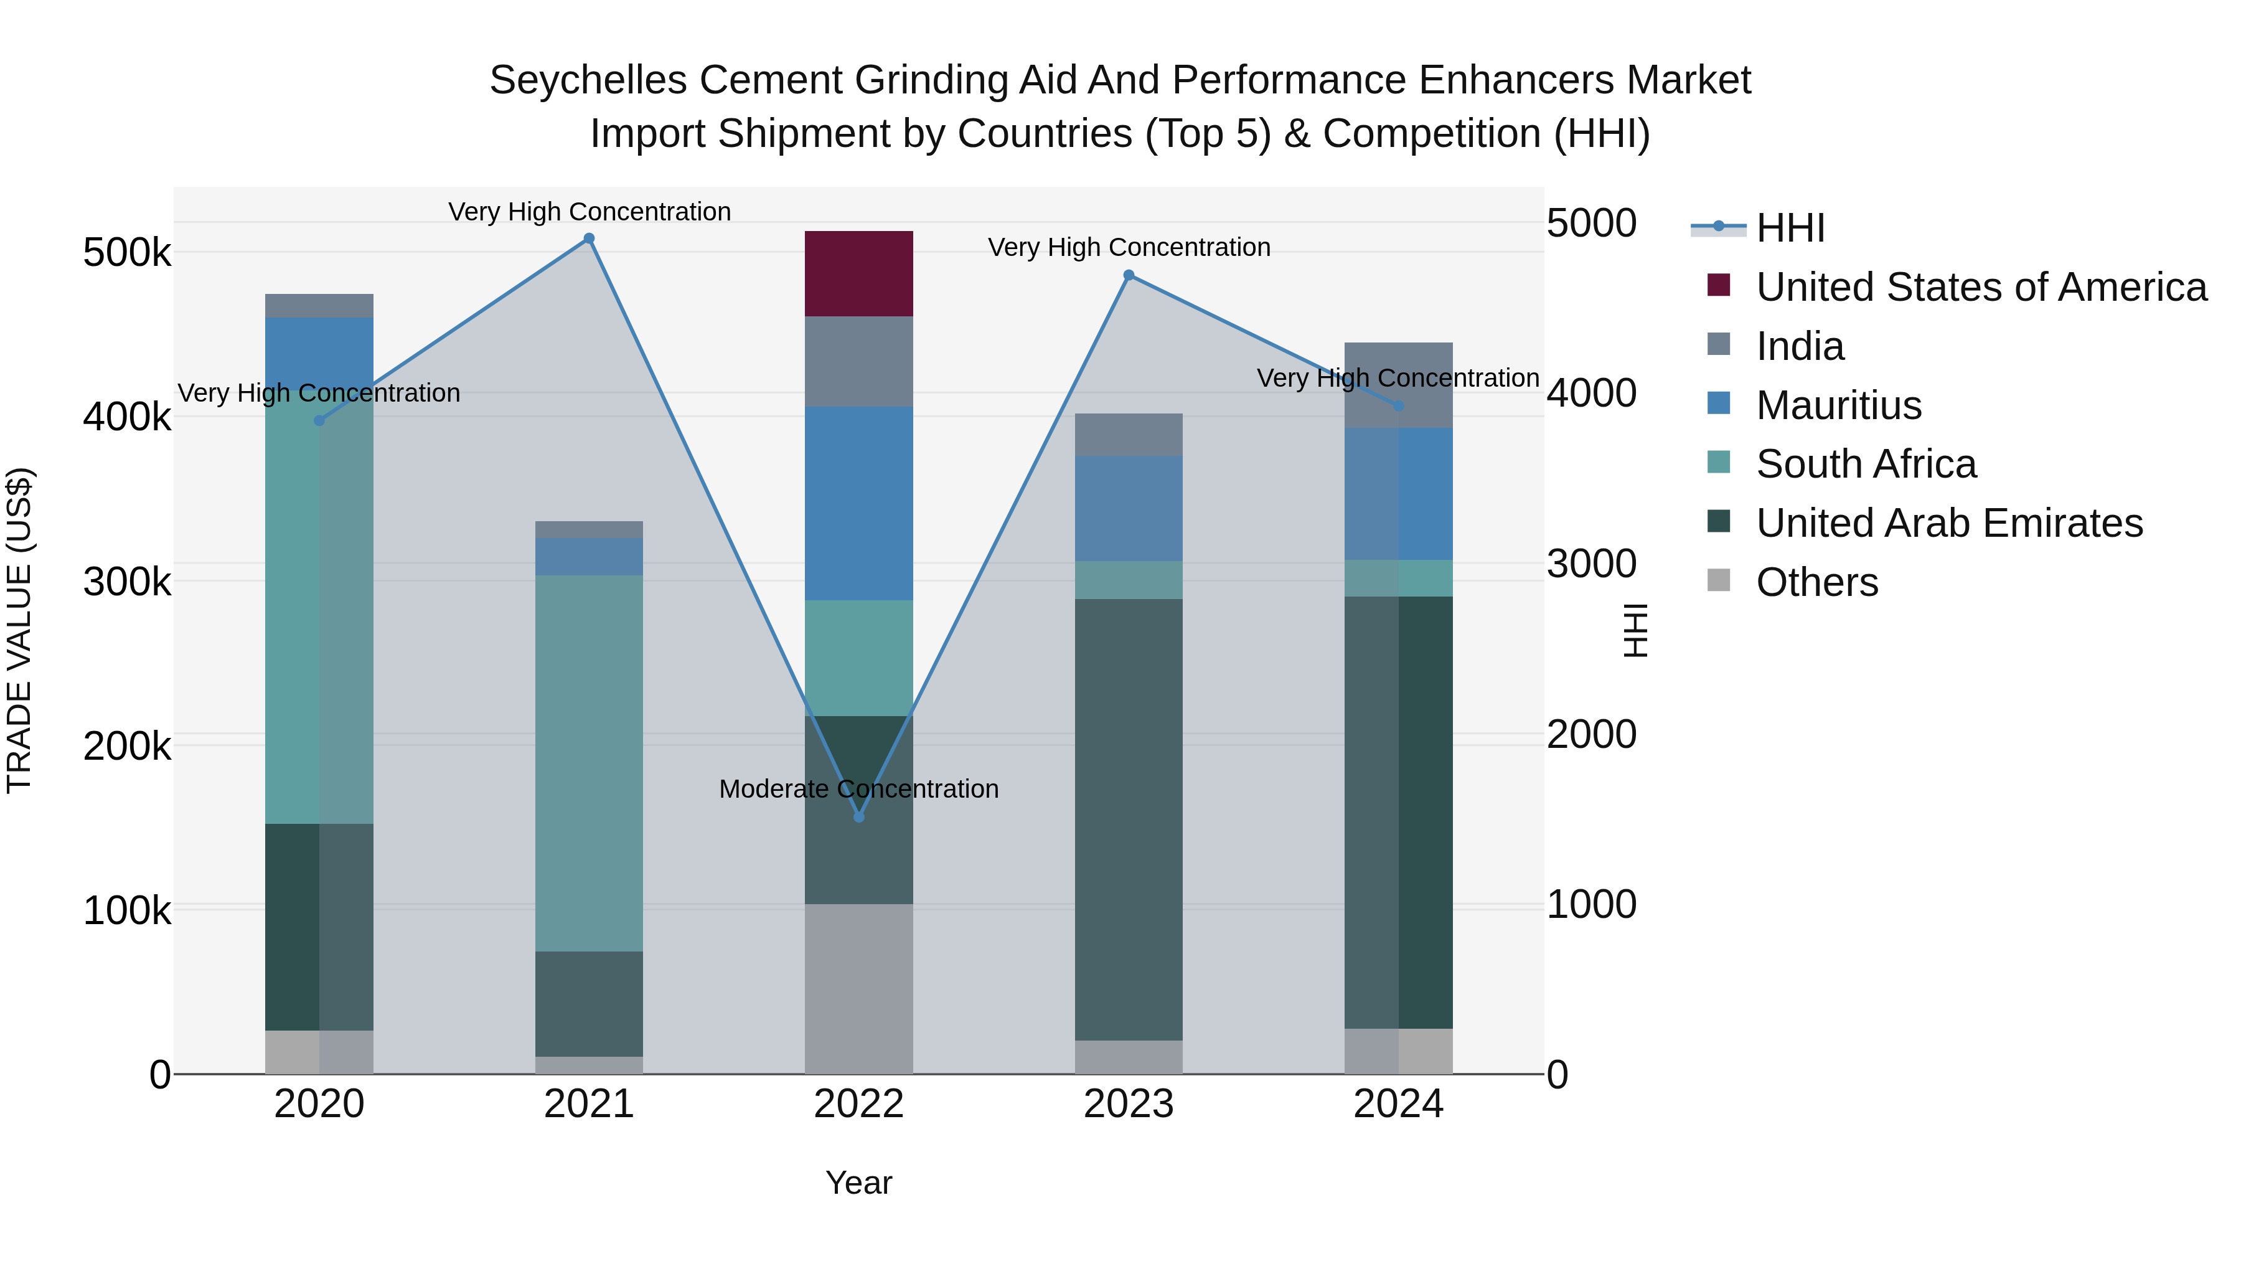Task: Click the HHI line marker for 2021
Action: [589, 239]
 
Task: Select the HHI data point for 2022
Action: [858, 817]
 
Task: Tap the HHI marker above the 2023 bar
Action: [1129, 275]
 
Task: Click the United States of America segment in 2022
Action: [858, 274]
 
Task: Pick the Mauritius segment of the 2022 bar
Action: [858, 503]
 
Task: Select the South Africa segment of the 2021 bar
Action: [589, 763]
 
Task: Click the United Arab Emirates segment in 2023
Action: [1129, 819]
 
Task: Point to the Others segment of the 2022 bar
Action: [858, 989]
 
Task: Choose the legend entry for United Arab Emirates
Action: [1948, 523]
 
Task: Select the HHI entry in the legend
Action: [1790, 228]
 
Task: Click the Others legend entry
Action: [1816, 582]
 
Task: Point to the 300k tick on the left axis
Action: [127, 582]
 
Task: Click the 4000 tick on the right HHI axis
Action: [1591, 394]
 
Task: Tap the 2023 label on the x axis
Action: [1129, 1104]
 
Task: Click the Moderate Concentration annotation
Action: [858, 790]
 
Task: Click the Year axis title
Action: [858, 1183]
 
